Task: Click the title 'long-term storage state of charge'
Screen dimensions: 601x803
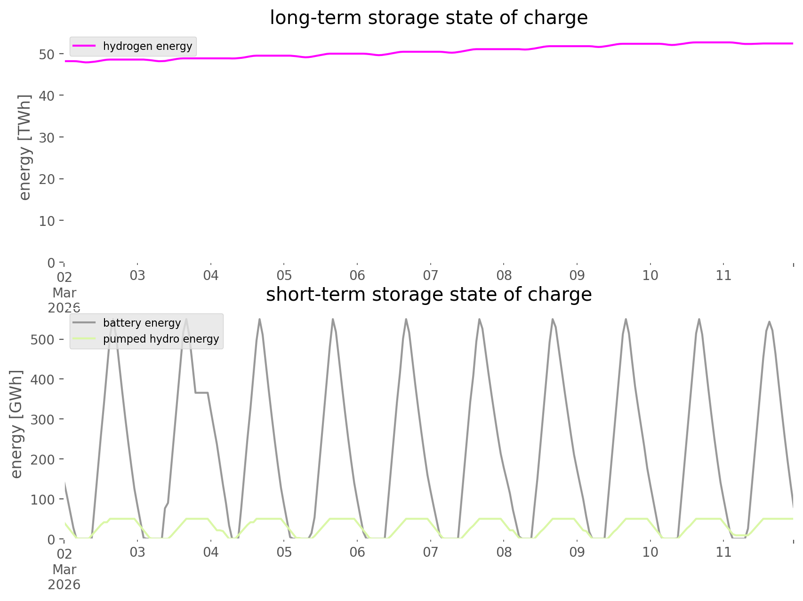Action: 428,18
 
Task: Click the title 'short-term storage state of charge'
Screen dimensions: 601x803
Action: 428,295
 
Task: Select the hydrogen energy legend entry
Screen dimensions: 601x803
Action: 147,46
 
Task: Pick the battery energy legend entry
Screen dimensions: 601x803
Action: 142,323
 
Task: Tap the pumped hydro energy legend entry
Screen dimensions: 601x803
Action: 161,339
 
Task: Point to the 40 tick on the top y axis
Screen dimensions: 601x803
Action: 47,96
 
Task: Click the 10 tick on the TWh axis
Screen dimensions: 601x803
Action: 47,221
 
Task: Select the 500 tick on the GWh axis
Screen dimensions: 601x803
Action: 42,339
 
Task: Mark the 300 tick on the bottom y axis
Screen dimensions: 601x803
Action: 42,419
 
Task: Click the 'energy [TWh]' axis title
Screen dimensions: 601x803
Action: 24,147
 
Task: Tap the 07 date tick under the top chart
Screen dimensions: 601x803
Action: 430,275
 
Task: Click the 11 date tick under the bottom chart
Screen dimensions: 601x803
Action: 723,552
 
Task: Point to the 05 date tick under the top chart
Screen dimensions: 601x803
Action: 284,275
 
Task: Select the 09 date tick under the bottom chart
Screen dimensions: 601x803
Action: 577,552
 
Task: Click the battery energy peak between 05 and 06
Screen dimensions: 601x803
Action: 332,320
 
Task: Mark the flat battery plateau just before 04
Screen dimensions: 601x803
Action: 201,393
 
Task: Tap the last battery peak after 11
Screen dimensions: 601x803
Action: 769,322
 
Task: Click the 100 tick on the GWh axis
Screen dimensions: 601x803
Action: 42,499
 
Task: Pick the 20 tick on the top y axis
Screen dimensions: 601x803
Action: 47,179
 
